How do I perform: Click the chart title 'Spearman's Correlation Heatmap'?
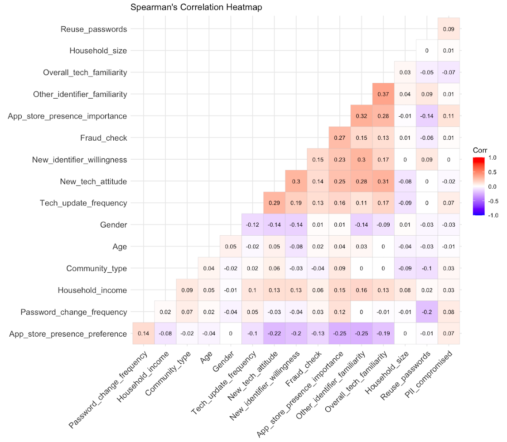196,7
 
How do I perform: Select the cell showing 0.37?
383,94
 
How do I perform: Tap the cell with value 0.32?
361,116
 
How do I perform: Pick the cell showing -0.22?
274,333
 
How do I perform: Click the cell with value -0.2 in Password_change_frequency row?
427,312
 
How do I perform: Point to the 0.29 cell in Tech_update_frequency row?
274,203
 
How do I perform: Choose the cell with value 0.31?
383,181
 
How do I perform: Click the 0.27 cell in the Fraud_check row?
339,138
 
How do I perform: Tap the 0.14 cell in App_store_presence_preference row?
143,333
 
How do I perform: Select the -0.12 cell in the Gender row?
252,225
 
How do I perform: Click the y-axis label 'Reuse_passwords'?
94,29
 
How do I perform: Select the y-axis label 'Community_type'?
97,268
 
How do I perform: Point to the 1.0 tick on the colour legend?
493,158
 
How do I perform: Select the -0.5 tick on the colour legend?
493,201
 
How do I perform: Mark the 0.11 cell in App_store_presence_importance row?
449,116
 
